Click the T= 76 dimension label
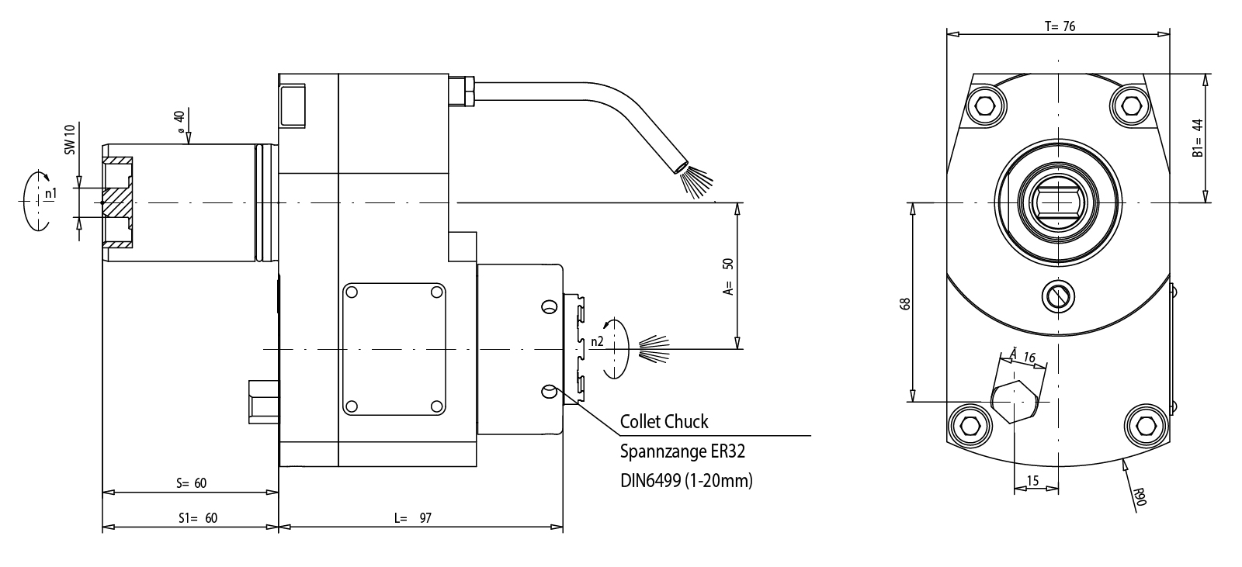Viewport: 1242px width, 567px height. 1059,26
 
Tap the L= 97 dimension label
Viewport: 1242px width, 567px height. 413,517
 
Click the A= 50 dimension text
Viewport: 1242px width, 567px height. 727,277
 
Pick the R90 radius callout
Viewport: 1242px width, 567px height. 1139,496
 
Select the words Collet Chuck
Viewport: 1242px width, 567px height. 664,422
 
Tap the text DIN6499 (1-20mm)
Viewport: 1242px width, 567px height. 686,481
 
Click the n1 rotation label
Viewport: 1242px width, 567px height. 50,193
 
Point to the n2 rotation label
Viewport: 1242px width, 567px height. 596,341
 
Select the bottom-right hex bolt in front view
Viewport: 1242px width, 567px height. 1145,426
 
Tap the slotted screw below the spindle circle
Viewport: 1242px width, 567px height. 1059,294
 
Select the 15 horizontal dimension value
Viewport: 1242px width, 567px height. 1032,482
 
